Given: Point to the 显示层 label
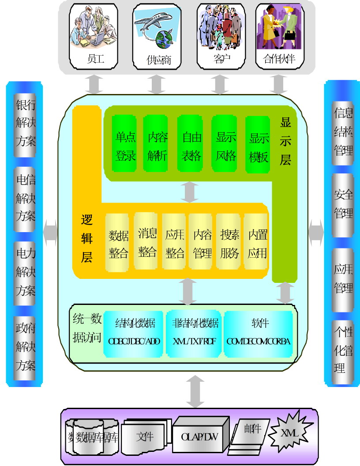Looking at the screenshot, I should pos(285,141).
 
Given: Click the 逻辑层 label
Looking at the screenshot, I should pos(87,238).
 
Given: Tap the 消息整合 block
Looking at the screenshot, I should pos(147,241).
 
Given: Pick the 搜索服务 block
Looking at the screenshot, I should pos(230,242).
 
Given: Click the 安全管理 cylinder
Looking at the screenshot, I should pos(343,204).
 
